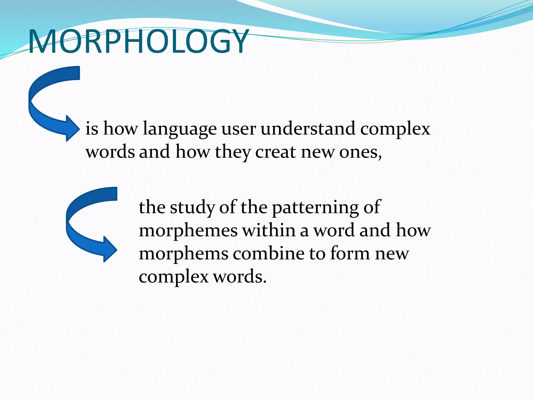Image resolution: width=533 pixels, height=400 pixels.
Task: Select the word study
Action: tap(192, 208)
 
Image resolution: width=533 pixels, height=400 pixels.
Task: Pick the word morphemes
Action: tap(188, 231)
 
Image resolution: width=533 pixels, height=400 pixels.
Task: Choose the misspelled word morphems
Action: tap(183, 254)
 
